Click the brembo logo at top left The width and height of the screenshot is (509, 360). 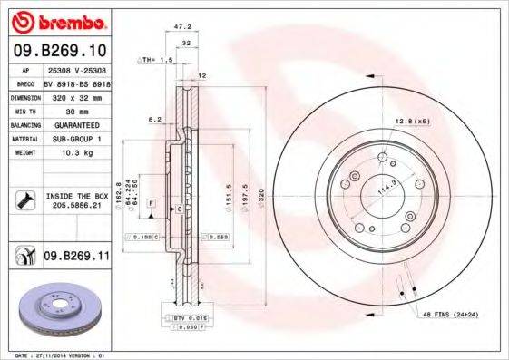pyautogui.click(x=56, y=20)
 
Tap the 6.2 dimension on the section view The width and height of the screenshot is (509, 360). pyautogui.click(x=154, y=119)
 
